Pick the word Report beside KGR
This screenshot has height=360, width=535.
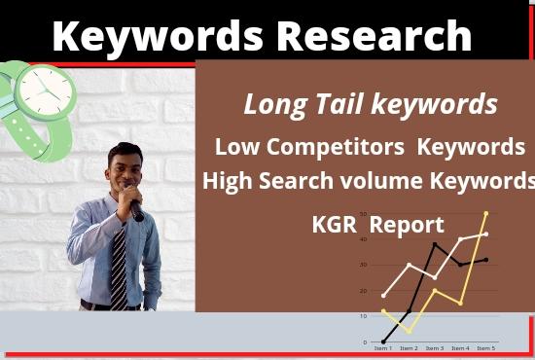(407, 225)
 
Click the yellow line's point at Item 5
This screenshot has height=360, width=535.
(486, 213)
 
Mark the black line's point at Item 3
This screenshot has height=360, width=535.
(435, 243)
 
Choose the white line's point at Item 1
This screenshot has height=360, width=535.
(383, 295)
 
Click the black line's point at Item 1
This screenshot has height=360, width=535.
(383, 342)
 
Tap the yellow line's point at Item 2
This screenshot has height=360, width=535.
(409, 332)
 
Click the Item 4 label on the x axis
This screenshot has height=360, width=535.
(460, 348)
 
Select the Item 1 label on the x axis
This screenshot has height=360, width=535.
(383, 348)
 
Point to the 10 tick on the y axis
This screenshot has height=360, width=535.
(363, 315)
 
